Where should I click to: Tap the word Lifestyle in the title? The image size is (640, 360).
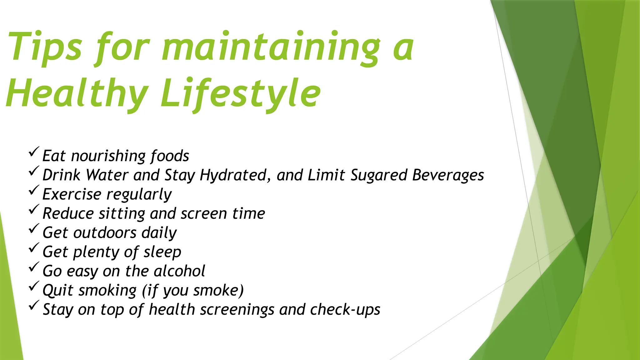(241, 93)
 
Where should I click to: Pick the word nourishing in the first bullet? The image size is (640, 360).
(108, 156)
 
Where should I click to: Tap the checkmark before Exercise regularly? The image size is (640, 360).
(34, 190)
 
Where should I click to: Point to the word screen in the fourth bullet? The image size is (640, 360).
(204, 213)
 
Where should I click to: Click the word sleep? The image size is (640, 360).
(162, 252)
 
